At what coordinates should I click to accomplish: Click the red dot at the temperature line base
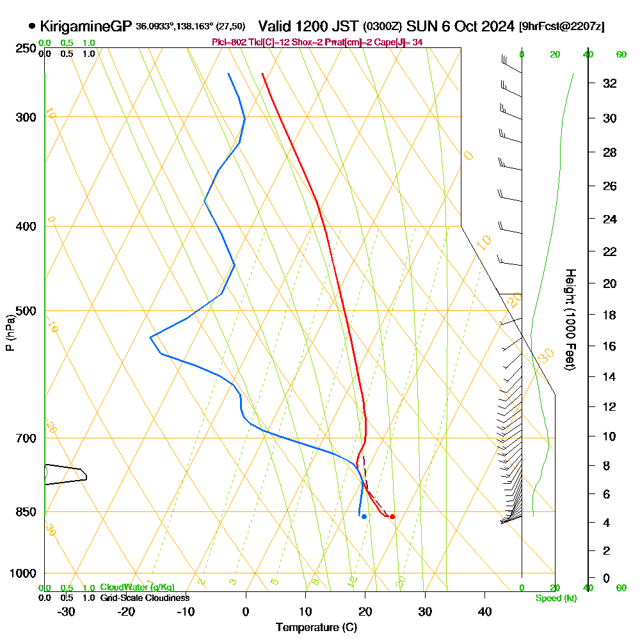pyautogui.click(x=392, y=516)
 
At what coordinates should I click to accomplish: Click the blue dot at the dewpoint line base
pyautogui.click(x=364, y=516)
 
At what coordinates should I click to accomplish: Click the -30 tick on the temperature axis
pyautogui.click(x=67, y=611)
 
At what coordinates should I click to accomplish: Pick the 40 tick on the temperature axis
pyautogui.click(x=484, y=611)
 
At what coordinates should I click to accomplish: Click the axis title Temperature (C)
pyautogui.click(x=316, y=628)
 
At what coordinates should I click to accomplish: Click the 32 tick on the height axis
pyautogui.click(x=610, y=83)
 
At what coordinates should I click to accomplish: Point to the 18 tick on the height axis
pyautogui.click(x=610, y=315)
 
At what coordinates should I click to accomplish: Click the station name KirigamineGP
pyautogui.click(x=86, y=26)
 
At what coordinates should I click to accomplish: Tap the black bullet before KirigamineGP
pyautogui.click(x=32, y=26)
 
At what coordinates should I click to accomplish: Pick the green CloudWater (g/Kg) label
pyautogui.click(x=137, y=588)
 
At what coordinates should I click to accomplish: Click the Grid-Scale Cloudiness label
pyautogui.click(x=144, y=598)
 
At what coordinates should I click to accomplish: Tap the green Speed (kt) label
pyautogui.click(x=554, y=598)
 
